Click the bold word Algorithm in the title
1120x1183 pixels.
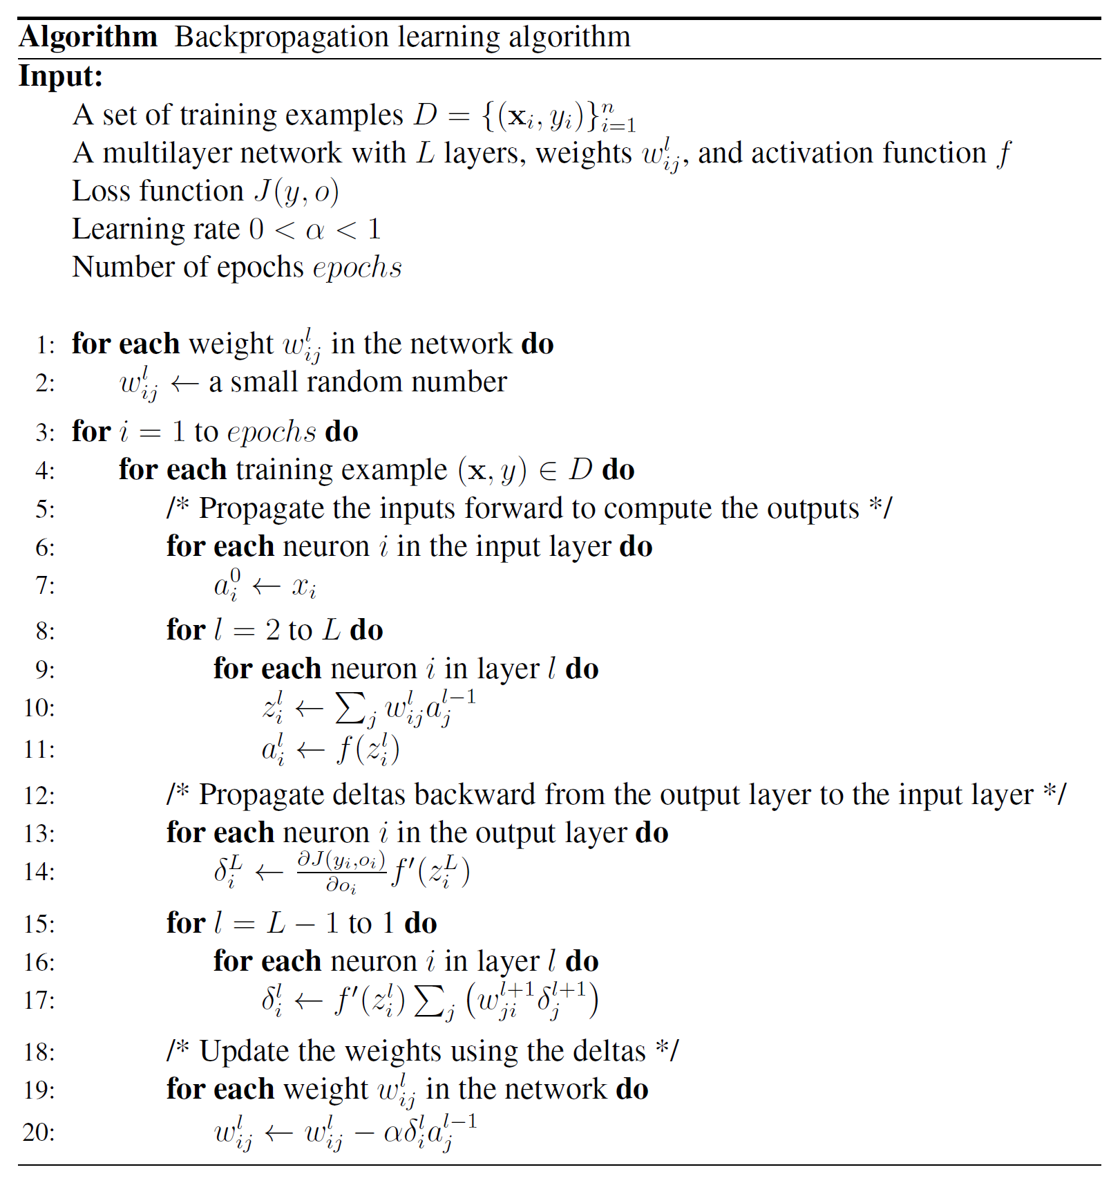[x=88, y=37]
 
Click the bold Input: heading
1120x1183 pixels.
[x=61, y=76]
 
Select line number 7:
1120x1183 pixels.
[x=45, y=586]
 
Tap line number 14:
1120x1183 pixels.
[x=39, y=872]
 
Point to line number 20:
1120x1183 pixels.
[x=39, y=1133]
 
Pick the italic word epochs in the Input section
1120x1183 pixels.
[x=357, y=268]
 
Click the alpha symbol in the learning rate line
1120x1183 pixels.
[x=314, y=230]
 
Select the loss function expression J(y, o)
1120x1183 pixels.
[x=296, y=192]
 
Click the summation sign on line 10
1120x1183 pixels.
[x=350, y=707]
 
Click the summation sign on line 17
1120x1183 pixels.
[x=429, y=1000]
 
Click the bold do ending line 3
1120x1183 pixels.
[x=342, y=432]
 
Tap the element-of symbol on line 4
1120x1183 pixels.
[x=548, y=471]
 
